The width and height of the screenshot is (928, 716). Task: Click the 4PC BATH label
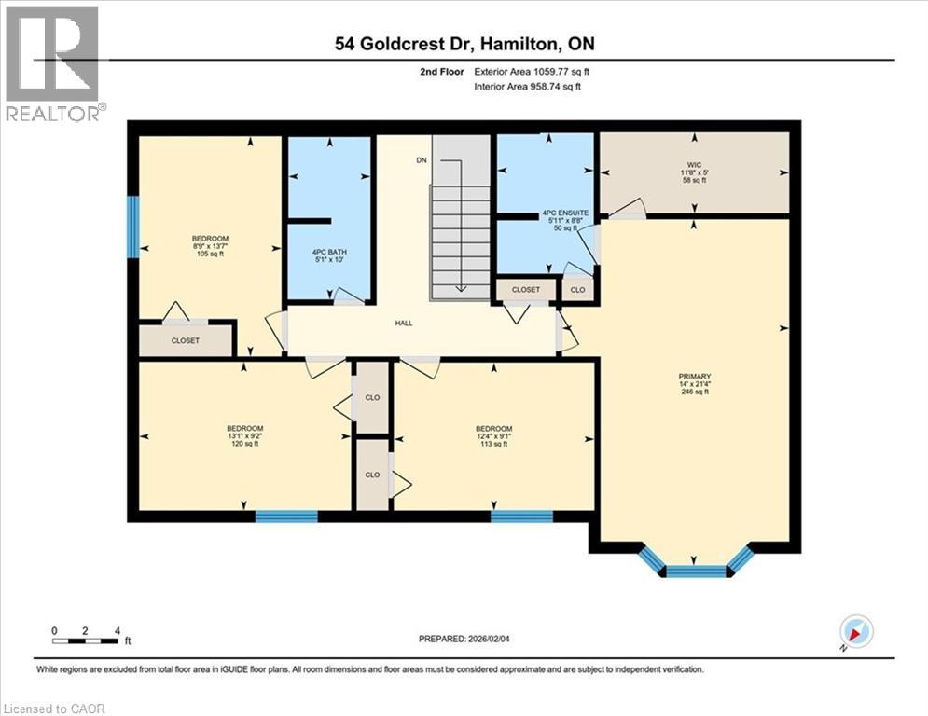pyautogui.click(x=329, y=252)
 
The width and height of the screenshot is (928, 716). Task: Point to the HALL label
pyautogui.click(x=404, y=324)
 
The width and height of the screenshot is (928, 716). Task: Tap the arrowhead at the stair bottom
pyautogui.click(x=460, y=288)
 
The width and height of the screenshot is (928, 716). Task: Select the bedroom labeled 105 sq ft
pyautogui.click(x=210, y=246)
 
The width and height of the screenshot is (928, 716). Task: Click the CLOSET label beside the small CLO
pyautogui.click(x=525, y=290)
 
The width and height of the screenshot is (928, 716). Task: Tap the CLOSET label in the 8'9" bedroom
pyautogui.click(x=185, y=341)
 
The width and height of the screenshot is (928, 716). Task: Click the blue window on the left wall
pyautogui.click(x=133, y=226)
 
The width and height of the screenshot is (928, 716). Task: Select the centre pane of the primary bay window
pyautogui.click(x=696, y=571)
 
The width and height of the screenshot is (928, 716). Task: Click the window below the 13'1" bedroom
pyautogui.click(x=286, y=516)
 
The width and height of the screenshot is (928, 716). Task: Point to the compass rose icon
pyautogui.click(x=855, y=632)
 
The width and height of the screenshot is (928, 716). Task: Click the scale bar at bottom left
pyautogui.click(x=86, y=640)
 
